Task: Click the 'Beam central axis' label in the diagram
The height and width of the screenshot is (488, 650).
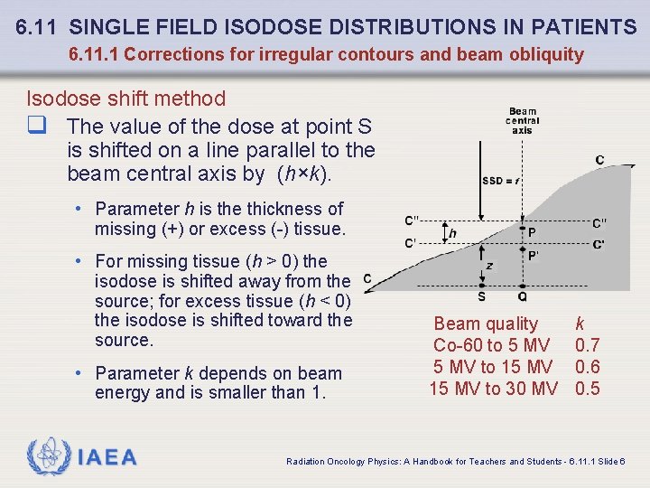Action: coord(523,121)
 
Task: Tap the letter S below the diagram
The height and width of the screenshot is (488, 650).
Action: coord(481,296)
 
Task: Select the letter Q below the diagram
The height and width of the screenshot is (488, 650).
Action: coord(523,296)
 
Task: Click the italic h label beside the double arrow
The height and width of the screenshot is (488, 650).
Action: coord(452,233)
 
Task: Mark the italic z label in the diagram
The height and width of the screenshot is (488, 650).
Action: coord(488,266)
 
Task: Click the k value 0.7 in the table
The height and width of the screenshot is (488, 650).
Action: coord(588,345)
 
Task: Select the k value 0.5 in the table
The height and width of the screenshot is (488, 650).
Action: coord(588,389)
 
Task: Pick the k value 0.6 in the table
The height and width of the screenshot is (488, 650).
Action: coord(588,367)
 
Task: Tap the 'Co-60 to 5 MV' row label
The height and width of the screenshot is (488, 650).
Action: coord(491,345)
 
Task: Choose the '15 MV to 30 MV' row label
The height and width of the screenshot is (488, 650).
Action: coord(493,389)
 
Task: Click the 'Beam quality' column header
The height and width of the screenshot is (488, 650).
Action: coord(486,324)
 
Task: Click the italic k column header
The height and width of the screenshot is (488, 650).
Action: coord(580,324)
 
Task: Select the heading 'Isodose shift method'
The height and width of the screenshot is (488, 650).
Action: coord(125,98)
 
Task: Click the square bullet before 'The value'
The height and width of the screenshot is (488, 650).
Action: coord(36,127)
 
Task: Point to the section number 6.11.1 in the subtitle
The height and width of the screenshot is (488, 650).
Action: coord(94,54)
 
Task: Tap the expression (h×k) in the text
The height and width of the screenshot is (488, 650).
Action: coord(306,174)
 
